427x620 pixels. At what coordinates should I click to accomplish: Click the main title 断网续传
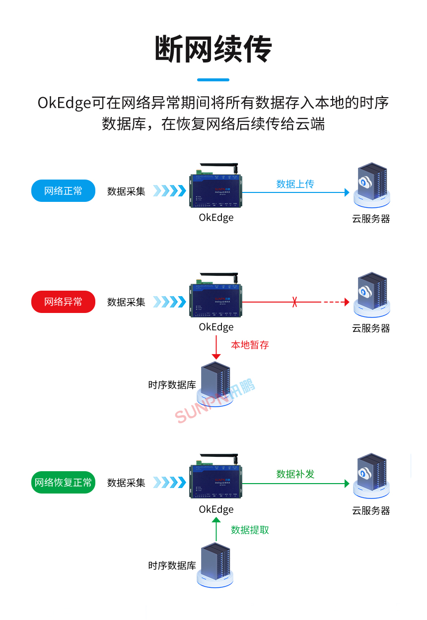coord(213,49)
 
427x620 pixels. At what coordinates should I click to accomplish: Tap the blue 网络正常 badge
coord(63,191)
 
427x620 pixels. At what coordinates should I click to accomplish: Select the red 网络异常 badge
coord(63,302)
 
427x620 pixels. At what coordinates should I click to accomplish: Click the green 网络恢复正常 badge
coord(63,483)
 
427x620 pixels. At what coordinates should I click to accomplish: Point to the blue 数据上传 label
coord(295,184)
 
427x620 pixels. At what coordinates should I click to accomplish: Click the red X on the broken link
coord(295,302)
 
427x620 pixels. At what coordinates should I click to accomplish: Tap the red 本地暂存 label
coord(250,345)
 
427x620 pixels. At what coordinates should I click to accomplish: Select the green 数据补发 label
coord(295,474)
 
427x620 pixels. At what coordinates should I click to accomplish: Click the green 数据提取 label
coord(250,530)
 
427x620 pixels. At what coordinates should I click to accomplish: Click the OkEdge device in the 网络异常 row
coord(216,301)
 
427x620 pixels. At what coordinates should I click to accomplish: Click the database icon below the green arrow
coord(215,565)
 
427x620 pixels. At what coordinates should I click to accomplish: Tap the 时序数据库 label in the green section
coord(172,565)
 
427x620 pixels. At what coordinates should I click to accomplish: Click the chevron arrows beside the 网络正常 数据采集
coord(169,191)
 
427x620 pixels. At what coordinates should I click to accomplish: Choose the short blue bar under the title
coord(213,79)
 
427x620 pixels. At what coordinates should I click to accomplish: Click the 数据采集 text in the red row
coord(126,302)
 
